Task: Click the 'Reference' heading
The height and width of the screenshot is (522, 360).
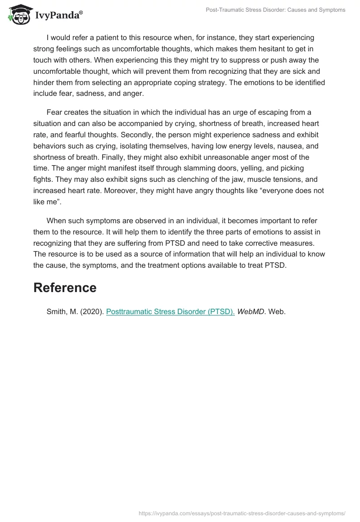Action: pos(65,288)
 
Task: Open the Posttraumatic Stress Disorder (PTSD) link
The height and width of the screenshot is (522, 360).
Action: pos(170,311)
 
